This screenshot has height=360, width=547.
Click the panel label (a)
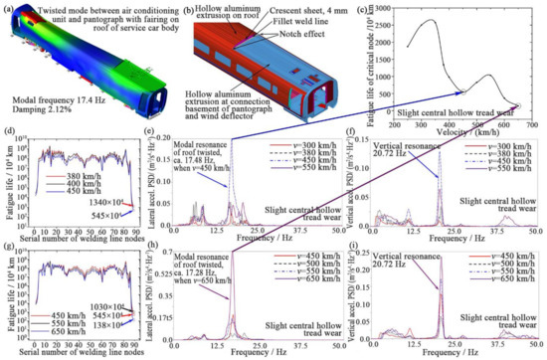tap(9, 8)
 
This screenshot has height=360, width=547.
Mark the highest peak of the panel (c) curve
tap(434, 21)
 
